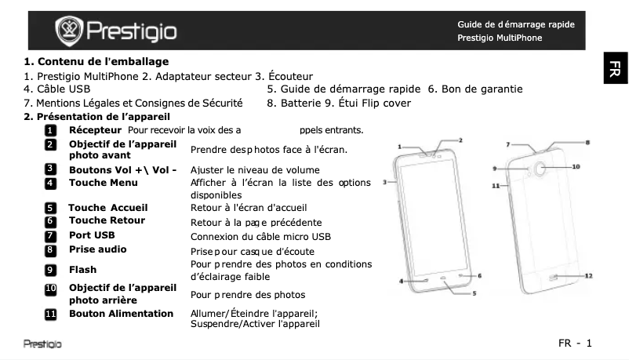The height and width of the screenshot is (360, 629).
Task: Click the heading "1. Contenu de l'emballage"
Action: coord(96,61)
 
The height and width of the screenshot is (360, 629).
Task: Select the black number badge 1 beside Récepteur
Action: coord(50,129)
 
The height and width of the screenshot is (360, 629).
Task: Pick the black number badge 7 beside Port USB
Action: coord(50,235)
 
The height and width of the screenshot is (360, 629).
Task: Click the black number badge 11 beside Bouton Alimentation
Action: coord(50,314)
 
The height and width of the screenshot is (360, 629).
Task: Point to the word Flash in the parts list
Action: coord(83,270)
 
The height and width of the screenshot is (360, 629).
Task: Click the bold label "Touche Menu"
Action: coord(104,183)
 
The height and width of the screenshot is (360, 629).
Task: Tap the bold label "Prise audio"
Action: coord(98,249)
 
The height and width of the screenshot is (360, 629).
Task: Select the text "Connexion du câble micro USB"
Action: coord(261,236)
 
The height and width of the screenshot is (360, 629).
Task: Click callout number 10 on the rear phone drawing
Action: coord(576,166)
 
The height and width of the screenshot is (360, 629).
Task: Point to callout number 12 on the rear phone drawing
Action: coord(588,276)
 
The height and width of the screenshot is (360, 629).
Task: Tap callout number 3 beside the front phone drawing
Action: coord(384,182)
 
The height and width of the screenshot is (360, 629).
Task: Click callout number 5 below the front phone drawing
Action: coord(474,293)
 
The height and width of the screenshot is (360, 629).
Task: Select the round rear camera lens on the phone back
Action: coord(542,168)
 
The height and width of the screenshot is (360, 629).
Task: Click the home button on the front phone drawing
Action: coord(443,278)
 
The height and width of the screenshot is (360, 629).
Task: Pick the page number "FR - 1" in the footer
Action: coord(574,343)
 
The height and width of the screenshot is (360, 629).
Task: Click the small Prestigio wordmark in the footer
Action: coord(42,344)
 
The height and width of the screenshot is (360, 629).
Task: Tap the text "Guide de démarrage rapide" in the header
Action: coord(515,24)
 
